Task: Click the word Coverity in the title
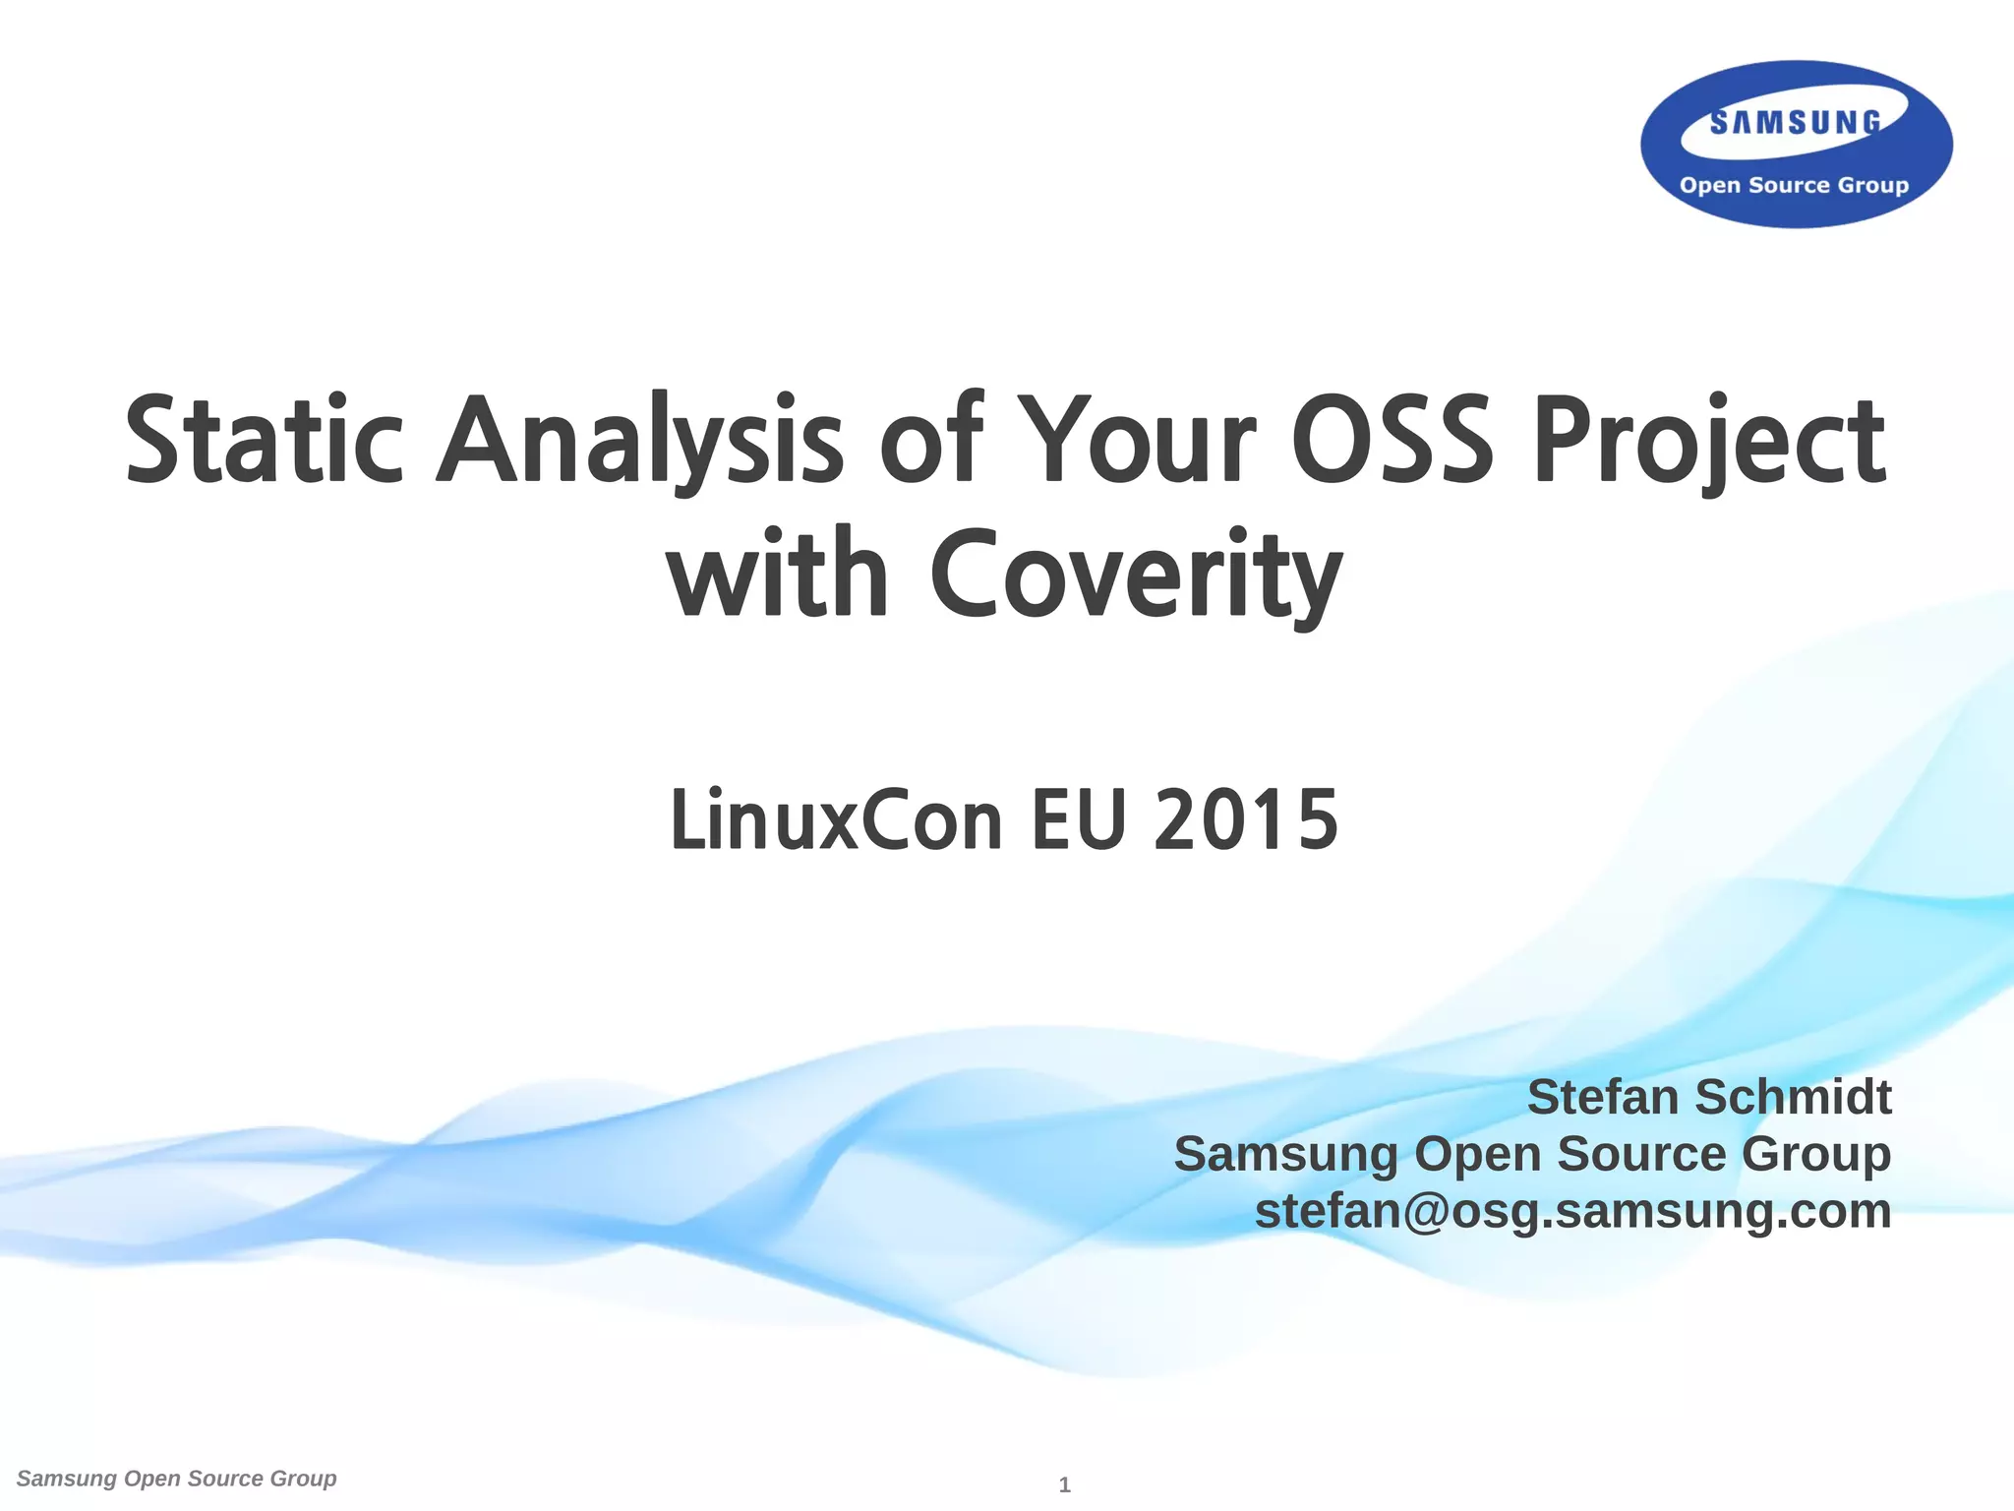click(x=1136, y=574)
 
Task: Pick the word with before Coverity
click(x=777, y=574)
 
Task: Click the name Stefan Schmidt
click(x=1708, y=1097)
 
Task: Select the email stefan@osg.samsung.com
click(x=1572, y=1210)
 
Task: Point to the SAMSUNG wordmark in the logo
click(x=1795, y=123)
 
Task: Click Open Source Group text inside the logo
click(x=1794, y=185)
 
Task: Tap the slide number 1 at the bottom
click(x=1064, y=1485)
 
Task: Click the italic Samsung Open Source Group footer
click(x=177, y=1479)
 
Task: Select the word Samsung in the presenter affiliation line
click(x=1285, y=1154)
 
